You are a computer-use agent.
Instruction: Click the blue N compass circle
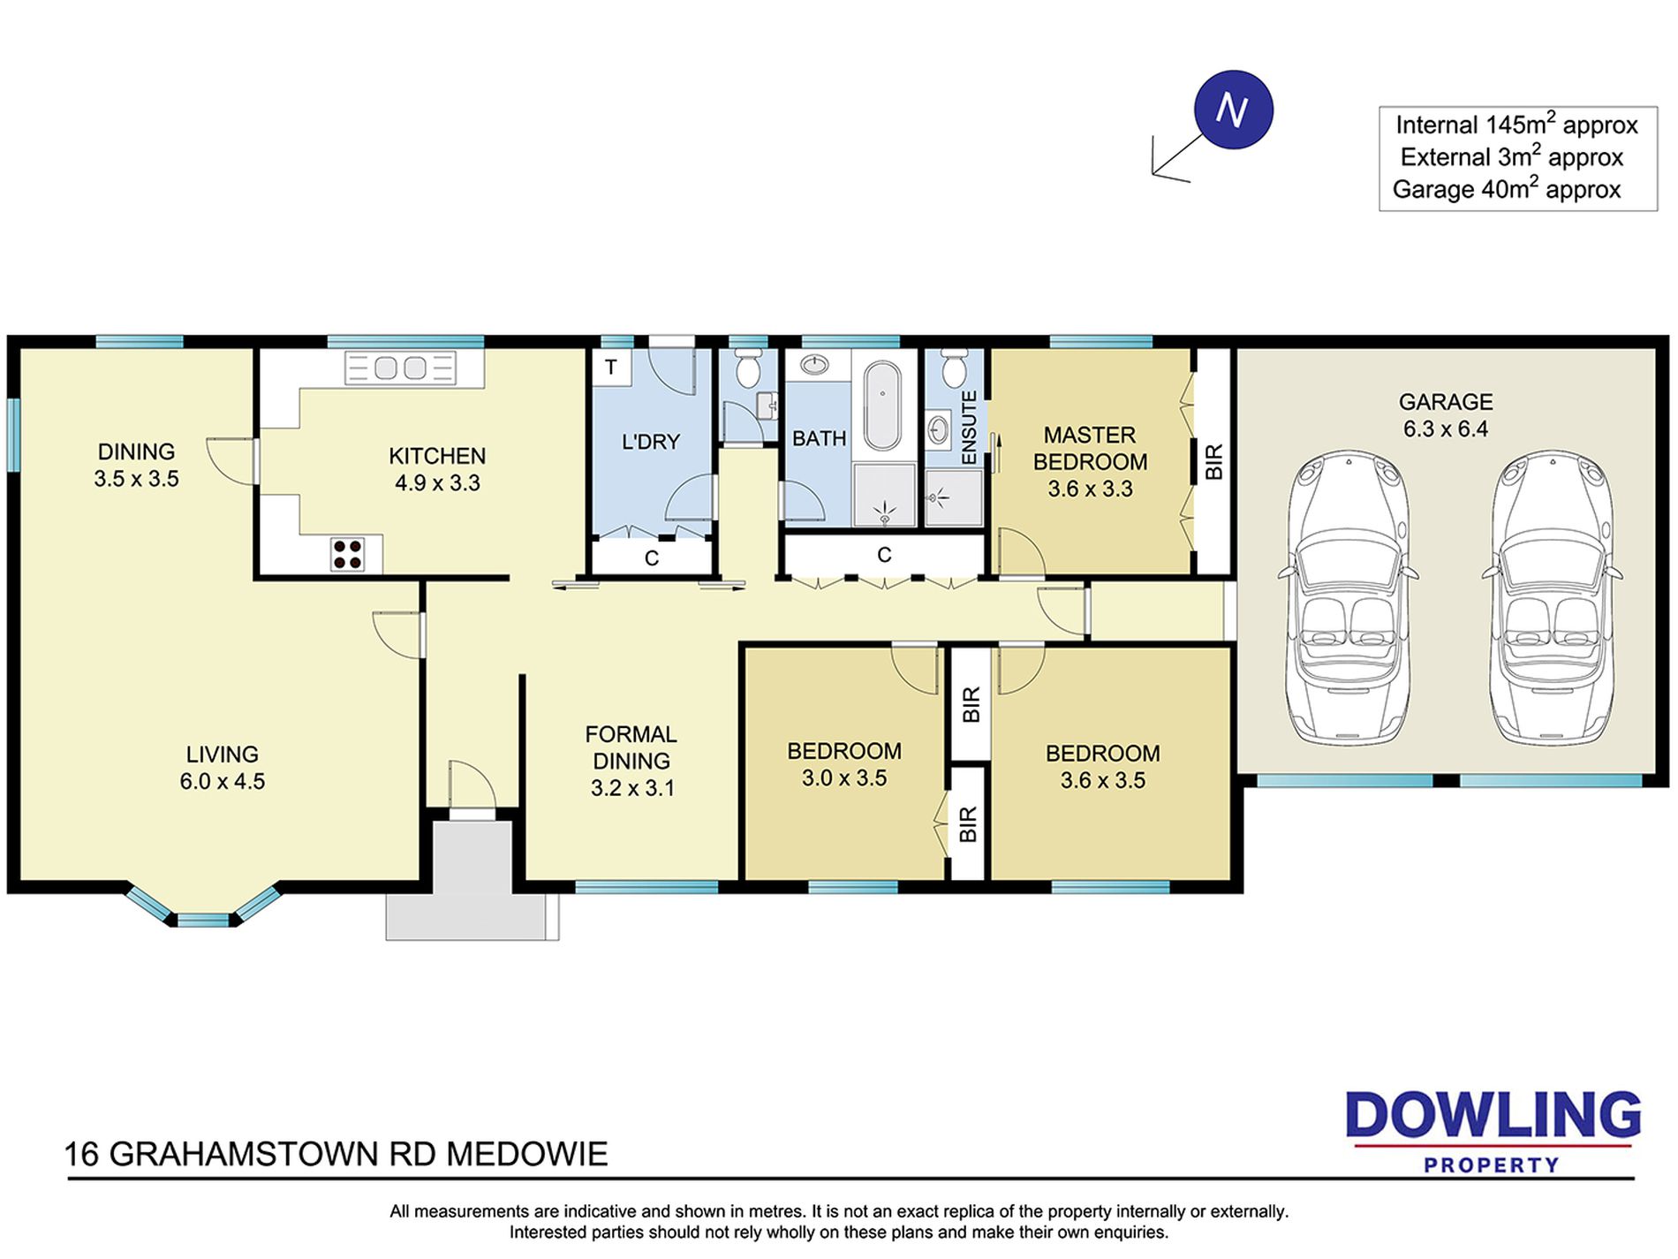click(x=1233, y=110)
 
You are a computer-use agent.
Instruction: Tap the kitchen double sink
click(x=400, y=368)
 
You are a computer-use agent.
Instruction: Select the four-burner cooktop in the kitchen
click(x=347, y=554)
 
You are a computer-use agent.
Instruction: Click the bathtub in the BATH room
click(x=882, y=406)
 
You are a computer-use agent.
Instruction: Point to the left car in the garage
click(x=1348, y=597)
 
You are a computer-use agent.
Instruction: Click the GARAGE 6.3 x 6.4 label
click(x=1446, y=415)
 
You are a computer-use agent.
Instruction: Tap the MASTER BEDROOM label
click(x=1090, y=448)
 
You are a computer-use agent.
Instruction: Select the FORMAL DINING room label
click(x=631, y=747)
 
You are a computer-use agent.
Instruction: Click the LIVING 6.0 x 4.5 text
click(x=223, y=768)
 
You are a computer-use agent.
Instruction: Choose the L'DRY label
click(x=651, y=442)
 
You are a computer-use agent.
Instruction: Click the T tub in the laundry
click(x=611, y=367)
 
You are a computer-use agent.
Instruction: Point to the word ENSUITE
click(x=969, y=428)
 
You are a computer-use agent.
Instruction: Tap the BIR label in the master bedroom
click(x=1213, y=461)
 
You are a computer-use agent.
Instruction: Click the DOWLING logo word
click(x=1493, y=1115)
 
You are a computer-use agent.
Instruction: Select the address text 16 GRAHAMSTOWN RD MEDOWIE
click(x=336, y=1154)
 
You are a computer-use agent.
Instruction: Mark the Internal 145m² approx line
click(x=1516, y=125)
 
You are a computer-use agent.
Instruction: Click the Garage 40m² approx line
click(x=1507, y=189)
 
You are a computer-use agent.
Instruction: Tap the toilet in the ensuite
click(x=954, y=369)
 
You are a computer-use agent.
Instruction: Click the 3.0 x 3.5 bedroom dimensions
click(x=844, y=778)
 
